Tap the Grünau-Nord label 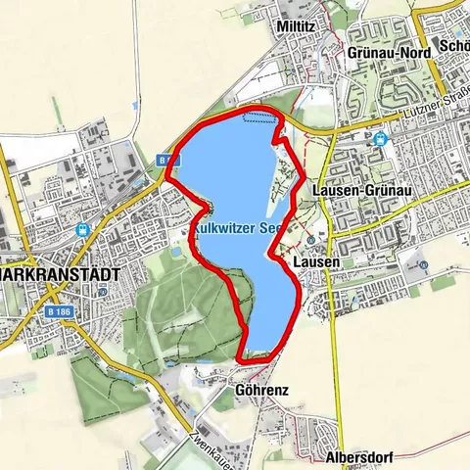pos(383,53)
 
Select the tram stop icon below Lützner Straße pos(380,138)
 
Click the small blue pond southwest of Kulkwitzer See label pos(176,251)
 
